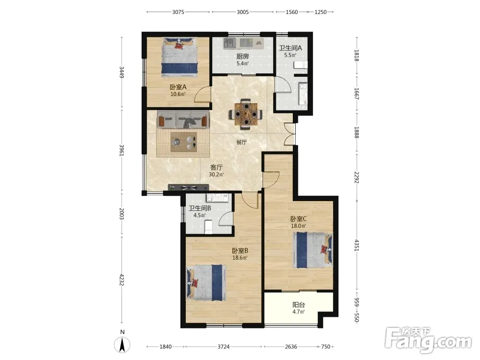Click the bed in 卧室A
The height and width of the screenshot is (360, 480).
pyautogui.click(x=180, y=57)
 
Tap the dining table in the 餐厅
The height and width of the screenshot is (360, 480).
pyautogui.click(x=245, y=114)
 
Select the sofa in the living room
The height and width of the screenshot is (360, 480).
pyautogui.click(x=183, y=120)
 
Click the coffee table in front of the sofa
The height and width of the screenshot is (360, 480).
pyautogui.click(x=184, y=142)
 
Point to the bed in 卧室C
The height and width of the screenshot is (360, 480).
pyautogui.click(x=312, y=250)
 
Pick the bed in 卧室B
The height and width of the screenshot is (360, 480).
pyautogui.click(x=206, y=283)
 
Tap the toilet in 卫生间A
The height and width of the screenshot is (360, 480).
pyautogui.click(x=300, y=65)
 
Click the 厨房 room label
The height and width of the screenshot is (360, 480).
pyautogui.click(x=242, y=56)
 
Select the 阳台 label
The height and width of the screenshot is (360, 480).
pyautogui.click(x=299, y=305)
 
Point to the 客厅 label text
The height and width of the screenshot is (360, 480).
pyautogui.click(x=216, y=168)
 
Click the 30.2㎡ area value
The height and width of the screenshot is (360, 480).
pyautogui.click(x=216, y=175)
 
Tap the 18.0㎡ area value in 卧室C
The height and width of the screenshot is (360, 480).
pyautogui.click(x=299, y=226)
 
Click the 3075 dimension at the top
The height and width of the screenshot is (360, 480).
pyautogui.click(x=178, y=12)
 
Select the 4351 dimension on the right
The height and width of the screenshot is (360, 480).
pyautogui.click(x=357, y=245)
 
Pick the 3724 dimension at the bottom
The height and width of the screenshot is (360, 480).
pyautogui.click(x=224, y=347)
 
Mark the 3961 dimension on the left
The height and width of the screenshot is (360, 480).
pyautogui.click(x=121, y=150)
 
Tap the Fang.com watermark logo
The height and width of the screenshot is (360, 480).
pyautogui.click(x=428, y=340)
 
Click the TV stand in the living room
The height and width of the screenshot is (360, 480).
pyautogui.click(x=189, y=187)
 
